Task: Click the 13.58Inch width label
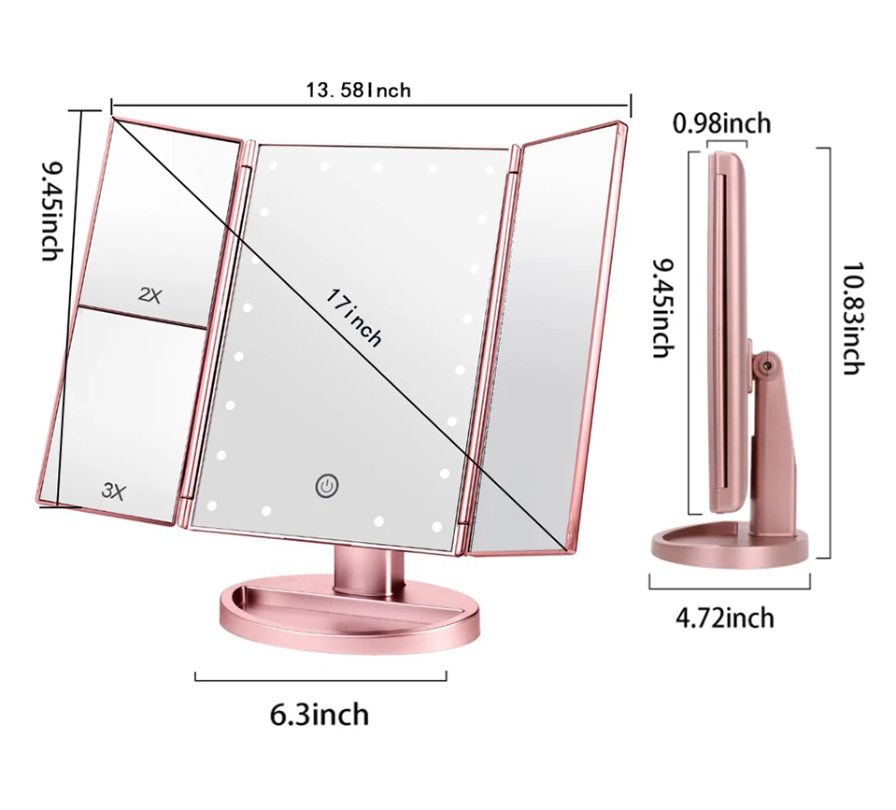coord(358,90)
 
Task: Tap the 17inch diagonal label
coord(355,318)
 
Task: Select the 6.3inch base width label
coord(320,716)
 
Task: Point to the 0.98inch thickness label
coord(722,122)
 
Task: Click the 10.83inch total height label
coord(850,319)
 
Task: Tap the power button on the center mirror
coord(326,485)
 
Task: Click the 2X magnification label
coord(149,295)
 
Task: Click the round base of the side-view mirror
coord(729,547)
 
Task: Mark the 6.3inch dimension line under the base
coord(320,676)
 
